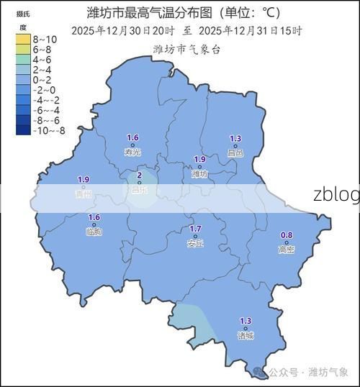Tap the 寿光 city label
tap(132, 152)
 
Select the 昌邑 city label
tap(235, 152)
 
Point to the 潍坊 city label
tap(199, 174)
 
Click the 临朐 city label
tap(94, 232)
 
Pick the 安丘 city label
tap(195, 244)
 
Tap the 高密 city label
tap(287, 250)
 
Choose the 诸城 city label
tap(246, 335)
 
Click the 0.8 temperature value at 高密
tap(287, 235)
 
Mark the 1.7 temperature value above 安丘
tap(195, 229)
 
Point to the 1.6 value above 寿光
tap(132, 137)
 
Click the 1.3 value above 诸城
tap(246, 321)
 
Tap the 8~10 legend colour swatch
tap(22, 39)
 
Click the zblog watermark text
tap(336, 195)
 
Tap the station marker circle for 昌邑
tap(235, 145)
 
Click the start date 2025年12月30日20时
tap(122, 31)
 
